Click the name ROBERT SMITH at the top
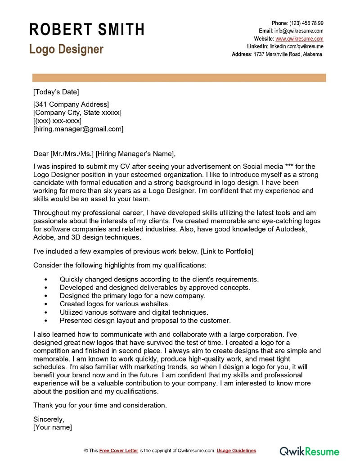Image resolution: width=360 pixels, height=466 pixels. click(87, 29)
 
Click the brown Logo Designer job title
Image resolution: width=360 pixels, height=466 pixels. click(66, 49)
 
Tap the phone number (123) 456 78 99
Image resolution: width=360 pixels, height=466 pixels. click(306, 23)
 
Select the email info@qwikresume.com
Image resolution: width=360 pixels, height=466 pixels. click(299, 31)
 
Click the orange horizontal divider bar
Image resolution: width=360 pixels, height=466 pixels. click(179, 78)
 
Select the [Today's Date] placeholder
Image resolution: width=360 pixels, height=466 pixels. click(56, 92)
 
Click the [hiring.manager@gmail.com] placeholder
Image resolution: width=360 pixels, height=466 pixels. click(78, 129)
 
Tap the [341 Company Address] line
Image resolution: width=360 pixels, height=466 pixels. click(71, 104)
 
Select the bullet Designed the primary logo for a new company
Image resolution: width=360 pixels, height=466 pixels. click(132, 296)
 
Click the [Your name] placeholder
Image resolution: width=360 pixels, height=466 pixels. click(53, 427)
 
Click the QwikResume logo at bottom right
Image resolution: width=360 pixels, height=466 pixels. click(309, 451)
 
